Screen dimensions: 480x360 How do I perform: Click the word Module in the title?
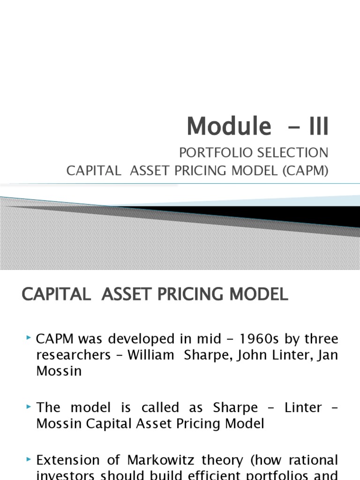point(229,126)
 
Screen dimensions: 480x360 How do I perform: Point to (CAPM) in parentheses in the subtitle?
point(305,171)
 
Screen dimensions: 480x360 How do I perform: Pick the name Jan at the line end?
point(327,355)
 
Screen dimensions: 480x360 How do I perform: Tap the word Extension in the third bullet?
point(68,460)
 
